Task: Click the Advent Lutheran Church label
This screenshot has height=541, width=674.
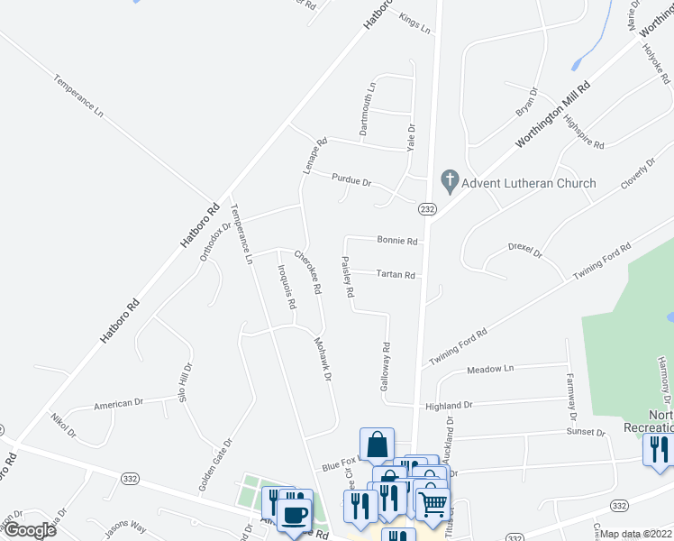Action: pyautogui.click(x=528, y=183)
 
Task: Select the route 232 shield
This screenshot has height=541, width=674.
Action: pyautogui.click(x=427, y=209)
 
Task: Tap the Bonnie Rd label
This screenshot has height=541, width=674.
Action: pyautogui.click(x=396, y=242)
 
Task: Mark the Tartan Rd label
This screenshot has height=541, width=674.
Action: pyautogui.click(x=395, y=275)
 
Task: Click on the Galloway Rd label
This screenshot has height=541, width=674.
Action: pyautogui.click(x=386, y=365)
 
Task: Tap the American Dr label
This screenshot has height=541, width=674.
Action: pyautogui.click(x=119, y=404)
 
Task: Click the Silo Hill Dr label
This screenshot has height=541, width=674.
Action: pyautogui.click(x=185, y=382)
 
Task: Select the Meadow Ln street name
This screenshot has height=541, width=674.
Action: pyautogui.click(x=489, y=369)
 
